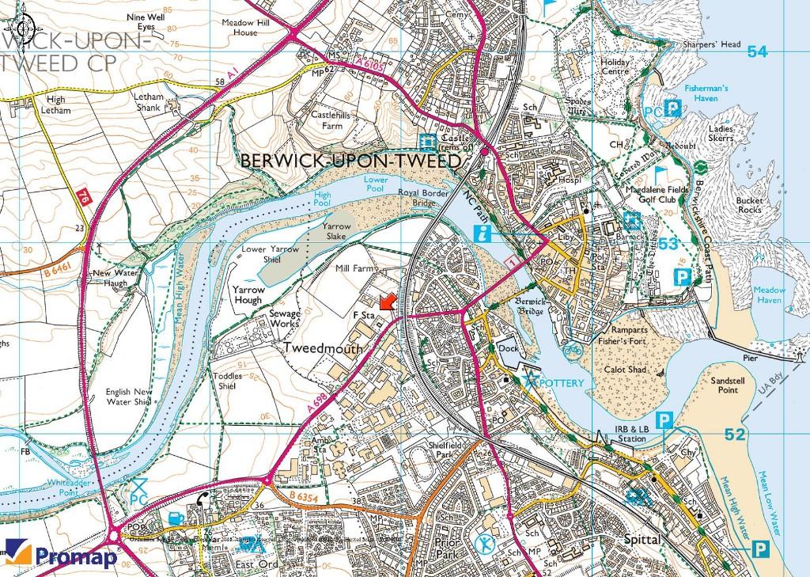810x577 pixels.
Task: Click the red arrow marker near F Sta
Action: (386, 303)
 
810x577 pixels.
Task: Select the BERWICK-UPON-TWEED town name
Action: (350, 161)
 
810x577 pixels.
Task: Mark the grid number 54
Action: (757, 51)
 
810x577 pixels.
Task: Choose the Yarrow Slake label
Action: (336, 230)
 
